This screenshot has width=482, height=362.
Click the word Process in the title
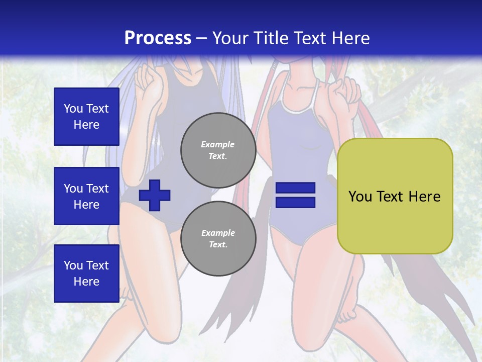pyautogui.click(x=158, y=38)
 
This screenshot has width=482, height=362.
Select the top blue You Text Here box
pyautogui.click(x=86, y=117)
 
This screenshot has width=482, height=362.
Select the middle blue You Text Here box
pyautogui.click(x=86, y=196)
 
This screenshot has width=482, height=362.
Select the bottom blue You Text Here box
pyautogui.click(x=86, y=273)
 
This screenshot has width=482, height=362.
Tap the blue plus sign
pyautogui.click(x=155, y=195)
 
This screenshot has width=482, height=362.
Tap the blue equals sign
pyautogui.click(x=295, y=195)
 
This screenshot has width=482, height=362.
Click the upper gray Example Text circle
pyautogui.click(x=218, y=150)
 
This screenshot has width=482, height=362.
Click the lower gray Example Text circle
pyautogui.click(x=218, y=238)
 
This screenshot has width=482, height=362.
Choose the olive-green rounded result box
pyautogui.click(x=395, y=196)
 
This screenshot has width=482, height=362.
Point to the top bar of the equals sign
pyautogui.click(x=295, y=188)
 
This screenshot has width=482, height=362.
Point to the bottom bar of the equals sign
pyautogui.click(x=295, y=202)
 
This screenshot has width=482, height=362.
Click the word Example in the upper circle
pyautogui.click(x=218, y=144)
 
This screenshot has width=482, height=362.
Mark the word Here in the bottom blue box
pyautogui.click(x=86, y=282)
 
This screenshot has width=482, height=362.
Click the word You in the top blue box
pyautogui.click(x=73, y=109)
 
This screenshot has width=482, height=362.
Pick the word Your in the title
pyautogui.click(x=231, y=38)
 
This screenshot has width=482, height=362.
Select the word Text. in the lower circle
pyautogui.click(x=218, y=245)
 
